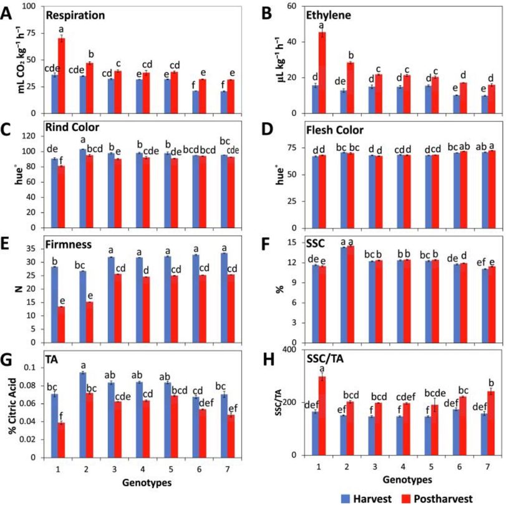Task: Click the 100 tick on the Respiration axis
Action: point(33,7)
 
